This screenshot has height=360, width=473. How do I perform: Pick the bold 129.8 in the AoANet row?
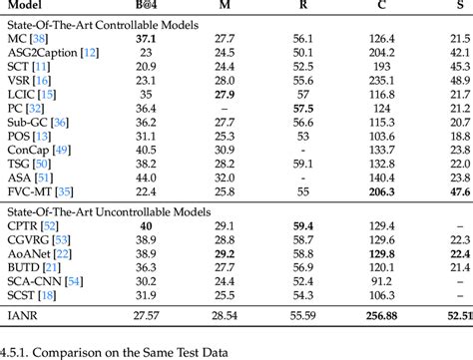[379, 254]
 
